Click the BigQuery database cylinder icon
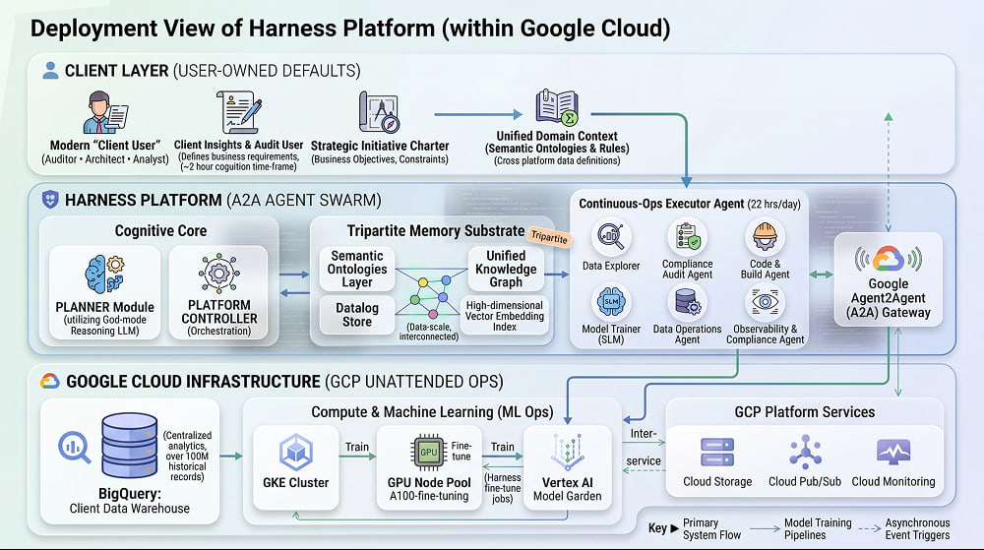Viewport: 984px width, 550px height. [129, 446]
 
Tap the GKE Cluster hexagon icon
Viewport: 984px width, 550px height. [295, 453]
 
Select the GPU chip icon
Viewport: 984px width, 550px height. [429, 452]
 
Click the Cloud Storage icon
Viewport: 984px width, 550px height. [717, 452]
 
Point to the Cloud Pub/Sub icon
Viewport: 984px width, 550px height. [805, 452]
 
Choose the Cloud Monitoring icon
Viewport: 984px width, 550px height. [893, 452]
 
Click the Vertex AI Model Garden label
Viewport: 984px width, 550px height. [568, 489]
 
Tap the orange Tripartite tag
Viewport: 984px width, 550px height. [549, 236]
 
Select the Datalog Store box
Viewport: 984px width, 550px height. [357, 315]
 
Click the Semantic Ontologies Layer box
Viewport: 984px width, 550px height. [357, 269]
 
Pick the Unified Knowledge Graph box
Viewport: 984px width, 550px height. [506, 269]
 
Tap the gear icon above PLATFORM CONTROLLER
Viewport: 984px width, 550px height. [219, 273]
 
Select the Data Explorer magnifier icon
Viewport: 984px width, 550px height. [611, 236]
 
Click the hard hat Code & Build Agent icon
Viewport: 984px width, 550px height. [765, 236]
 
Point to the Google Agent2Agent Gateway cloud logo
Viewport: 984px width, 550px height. [888, 259]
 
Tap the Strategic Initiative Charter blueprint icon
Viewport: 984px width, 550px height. [379, 112]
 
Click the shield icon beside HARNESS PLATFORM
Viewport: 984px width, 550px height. [50, 200]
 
